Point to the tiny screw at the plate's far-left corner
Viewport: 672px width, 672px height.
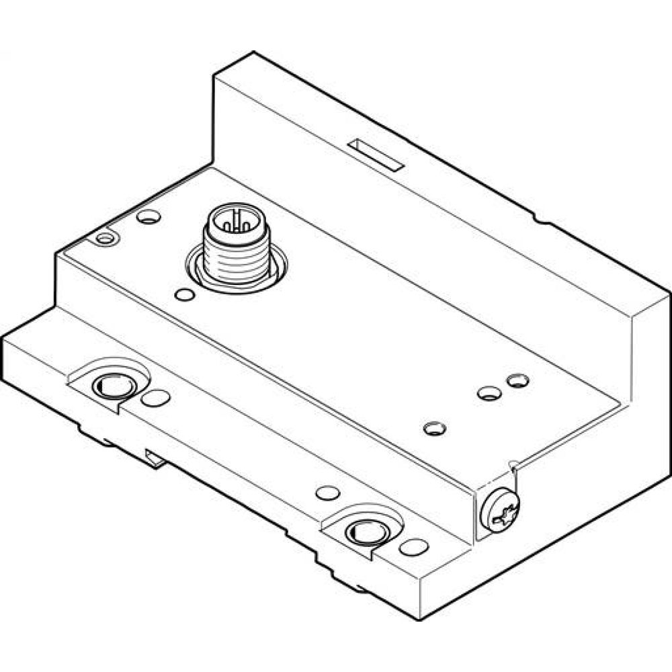click(104, 238)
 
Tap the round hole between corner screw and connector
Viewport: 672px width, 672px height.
click(148, 217)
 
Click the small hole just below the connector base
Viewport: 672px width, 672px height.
click(183, 294)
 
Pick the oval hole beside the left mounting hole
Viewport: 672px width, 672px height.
click(156, 398)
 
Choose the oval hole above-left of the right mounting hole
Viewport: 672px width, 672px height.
click(327, 493)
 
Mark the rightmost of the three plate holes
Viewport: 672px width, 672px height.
click(517, 380)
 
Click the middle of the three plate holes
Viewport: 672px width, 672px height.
click(489, 393)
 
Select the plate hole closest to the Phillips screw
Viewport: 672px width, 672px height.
click(435, 427)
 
